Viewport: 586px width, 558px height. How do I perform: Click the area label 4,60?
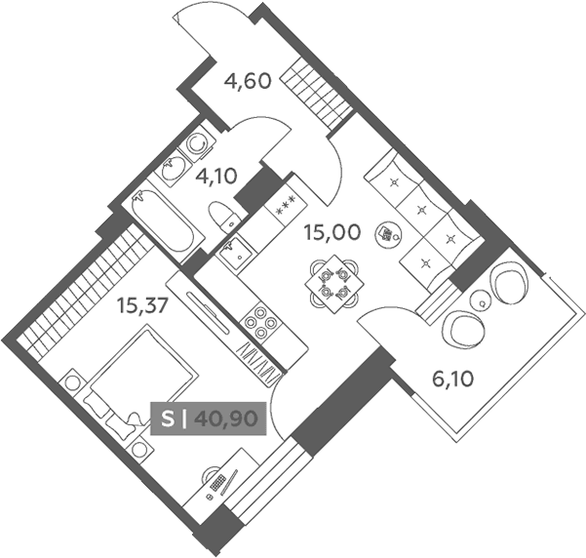click(247, 81)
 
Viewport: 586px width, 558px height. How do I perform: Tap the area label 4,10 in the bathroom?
click(216, 177)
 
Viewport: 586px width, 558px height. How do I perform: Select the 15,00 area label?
click(332, 232)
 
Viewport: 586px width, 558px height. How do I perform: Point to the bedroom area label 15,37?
click(141, 305)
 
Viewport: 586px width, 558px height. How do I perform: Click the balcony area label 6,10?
click(453, 379)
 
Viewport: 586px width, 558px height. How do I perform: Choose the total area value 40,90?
click(226, 418)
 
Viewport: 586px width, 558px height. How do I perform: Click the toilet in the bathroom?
click(222, 218)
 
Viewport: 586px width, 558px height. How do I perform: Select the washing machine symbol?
click(195, 142)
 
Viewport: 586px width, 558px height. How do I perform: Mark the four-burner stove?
click(261, 321)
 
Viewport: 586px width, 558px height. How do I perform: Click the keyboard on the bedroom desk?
click(218, 483)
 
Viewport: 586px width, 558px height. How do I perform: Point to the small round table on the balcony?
click(482, 300)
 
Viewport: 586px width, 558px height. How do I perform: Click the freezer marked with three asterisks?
click(286, 207)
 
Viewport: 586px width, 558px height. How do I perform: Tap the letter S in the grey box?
click(168, 419)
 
